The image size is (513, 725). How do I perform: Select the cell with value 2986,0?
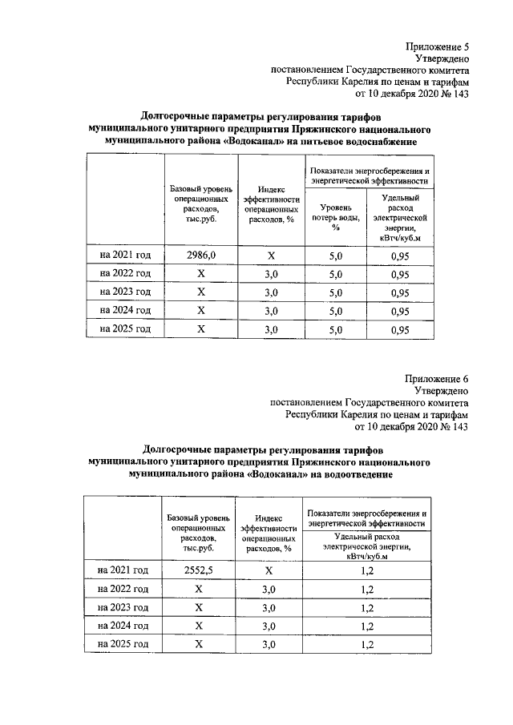[x=200, y=256]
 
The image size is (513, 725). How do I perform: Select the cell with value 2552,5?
[x=200, y=570]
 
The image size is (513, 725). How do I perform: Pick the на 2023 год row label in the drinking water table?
[x=125, y=292]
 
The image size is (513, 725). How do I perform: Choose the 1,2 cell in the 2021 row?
[x=368, y=571]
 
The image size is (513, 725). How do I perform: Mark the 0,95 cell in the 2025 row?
[x=400, y=329]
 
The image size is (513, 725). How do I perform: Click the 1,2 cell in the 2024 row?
[x=368, y=626]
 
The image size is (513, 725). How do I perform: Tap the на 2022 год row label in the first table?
[x=125, y=273]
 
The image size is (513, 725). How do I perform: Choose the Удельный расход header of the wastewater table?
[x=367, y=544]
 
